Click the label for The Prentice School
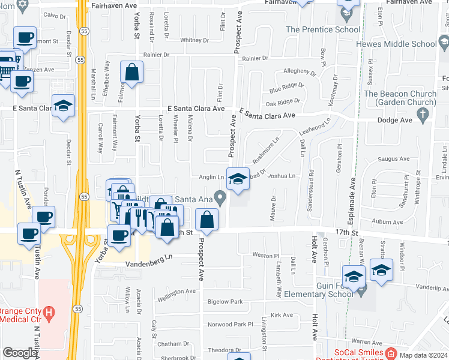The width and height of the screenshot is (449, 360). coord(323,29)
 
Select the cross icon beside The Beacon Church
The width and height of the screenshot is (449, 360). coord(424,114)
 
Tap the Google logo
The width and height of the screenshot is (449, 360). coord(19,353)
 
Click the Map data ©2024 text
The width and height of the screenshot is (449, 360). coord(424,355)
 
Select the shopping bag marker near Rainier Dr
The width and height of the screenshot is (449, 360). coord(131,73)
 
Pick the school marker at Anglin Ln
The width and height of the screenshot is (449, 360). coord(238,178)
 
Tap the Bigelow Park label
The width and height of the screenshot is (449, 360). coord(224,301)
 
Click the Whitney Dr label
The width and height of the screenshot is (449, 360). coord(194,41)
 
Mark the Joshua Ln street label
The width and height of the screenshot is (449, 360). coord(282,176)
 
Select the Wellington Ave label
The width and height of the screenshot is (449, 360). coord(176,292)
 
